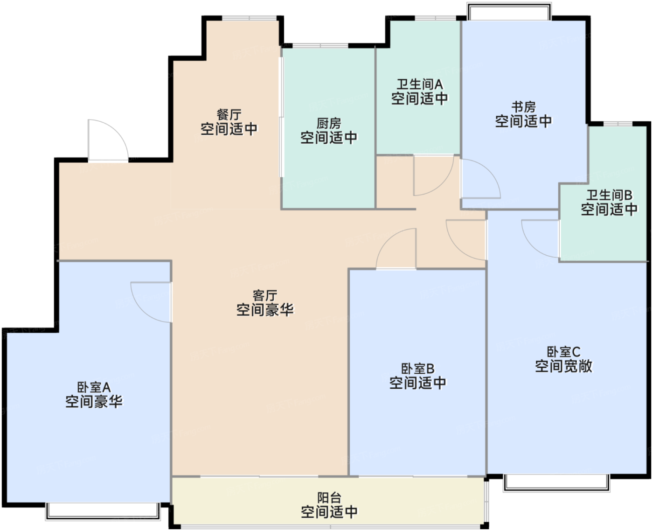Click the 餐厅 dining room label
[x=229, y=115]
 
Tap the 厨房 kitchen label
[x=329, y=124]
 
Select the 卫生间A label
[x=420, y=84]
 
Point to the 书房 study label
[x=523, y=107]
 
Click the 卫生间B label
[x=609, y=195]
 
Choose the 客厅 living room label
[x=265, y=295]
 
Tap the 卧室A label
[x=93, y=387]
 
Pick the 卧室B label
[x=417, y=369]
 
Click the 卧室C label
[x=563, y=352]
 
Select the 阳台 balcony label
[x=329, y=498]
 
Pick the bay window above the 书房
[x=509, y=11]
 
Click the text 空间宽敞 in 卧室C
[x=563, y=366]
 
